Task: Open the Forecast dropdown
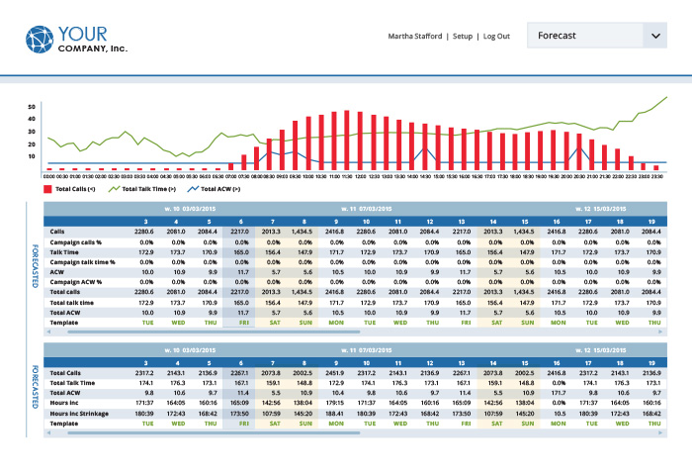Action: coord(596,37)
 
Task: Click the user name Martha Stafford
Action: coord(415,37)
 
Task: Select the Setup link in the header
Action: coord(463,37)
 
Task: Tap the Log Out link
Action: coord(496,37)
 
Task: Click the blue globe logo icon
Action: coord(42,40)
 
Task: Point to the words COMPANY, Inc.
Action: coord(93,47)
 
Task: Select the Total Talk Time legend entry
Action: coord(142,188)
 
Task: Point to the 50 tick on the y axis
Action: coord(32,106)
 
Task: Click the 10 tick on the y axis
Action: coord(32,156)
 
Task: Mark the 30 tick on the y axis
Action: coord(32,131)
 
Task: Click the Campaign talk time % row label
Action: coord(83,262)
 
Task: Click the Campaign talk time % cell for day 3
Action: coord(145,262)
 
